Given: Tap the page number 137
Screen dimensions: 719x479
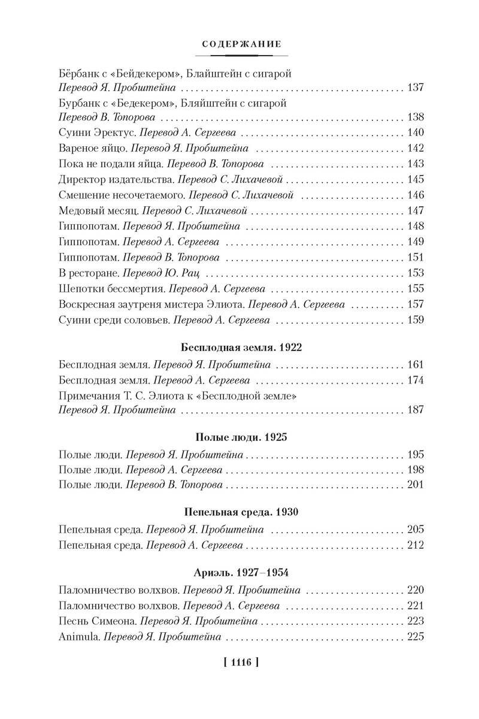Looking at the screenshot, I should pos(415,87).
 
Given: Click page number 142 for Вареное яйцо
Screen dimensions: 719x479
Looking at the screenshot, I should pos(415,148).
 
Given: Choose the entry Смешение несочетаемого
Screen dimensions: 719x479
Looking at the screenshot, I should pos(122,195).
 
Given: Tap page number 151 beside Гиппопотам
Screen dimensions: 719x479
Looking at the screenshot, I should pos(415,257).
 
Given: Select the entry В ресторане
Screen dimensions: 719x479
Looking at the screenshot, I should pos(89,273).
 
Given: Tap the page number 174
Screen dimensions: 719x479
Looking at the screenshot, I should pos(415,380).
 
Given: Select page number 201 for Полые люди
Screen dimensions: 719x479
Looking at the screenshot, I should pos(415,484).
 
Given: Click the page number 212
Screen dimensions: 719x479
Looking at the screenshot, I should pos(415,545).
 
